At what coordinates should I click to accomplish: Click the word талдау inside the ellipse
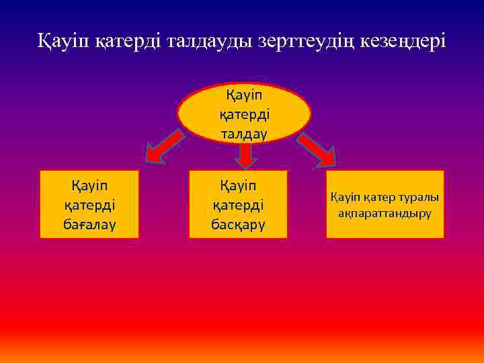[244, 133]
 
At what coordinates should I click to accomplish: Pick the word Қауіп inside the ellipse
[244, 94]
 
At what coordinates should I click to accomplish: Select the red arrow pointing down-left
[164, 148]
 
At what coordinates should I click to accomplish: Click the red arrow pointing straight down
[245, 155]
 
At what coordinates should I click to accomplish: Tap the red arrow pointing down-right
[318, 150]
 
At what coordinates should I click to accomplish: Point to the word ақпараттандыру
[385, 213]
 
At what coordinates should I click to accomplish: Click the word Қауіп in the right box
[346, 197]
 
